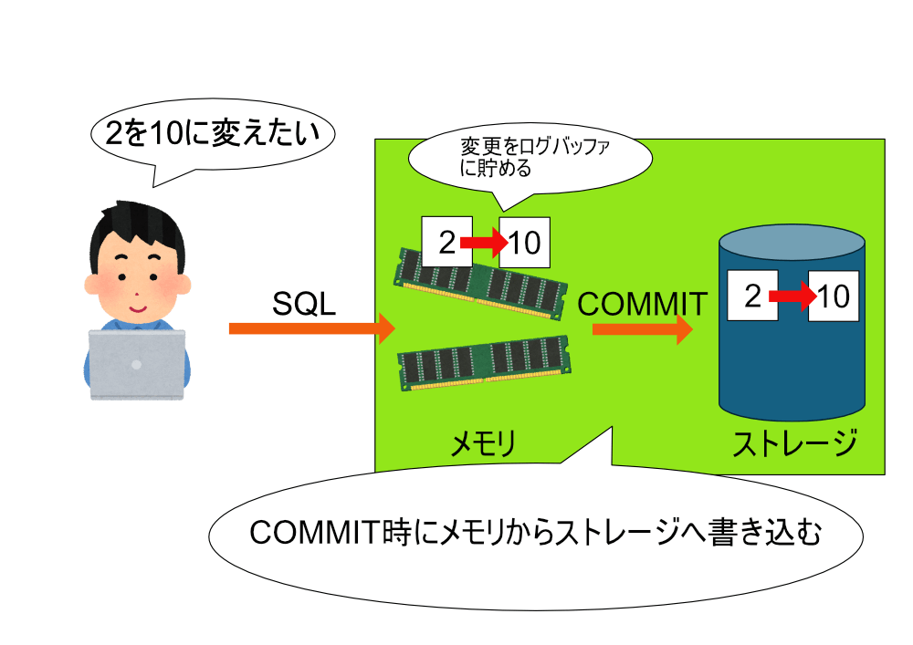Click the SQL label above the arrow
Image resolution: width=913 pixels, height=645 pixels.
coord(304,304)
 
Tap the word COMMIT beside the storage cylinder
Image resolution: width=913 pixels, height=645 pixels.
coord(642,304)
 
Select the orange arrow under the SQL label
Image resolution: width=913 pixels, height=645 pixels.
coord(312,328)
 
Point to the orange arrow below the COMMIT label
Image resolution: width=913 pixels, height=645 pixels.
coord(642,329)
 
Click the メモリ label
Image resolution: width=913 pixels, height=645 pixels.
coord(483,445)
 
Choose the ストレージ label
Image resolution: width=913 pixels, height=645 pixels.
coord(794,443)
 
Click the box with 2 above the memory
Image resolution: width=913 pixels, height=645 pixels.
coord(446,242)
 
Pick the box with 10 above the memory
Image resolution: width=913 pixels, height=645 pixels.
coord(525,242)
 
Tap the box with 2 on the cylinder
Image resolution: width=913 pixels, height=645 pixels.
coord(752,296)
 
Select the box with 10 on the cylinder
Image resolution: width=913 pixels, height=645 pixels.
coord(834,296)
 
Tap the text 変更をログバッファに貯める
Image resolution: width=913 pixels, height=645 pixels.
coord(534,156)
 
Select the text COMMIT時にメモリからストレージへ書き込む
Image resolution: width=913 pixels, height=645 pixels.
coord(535,532)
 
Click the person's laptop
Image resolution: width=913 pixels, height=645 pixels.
coord(137,365)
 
